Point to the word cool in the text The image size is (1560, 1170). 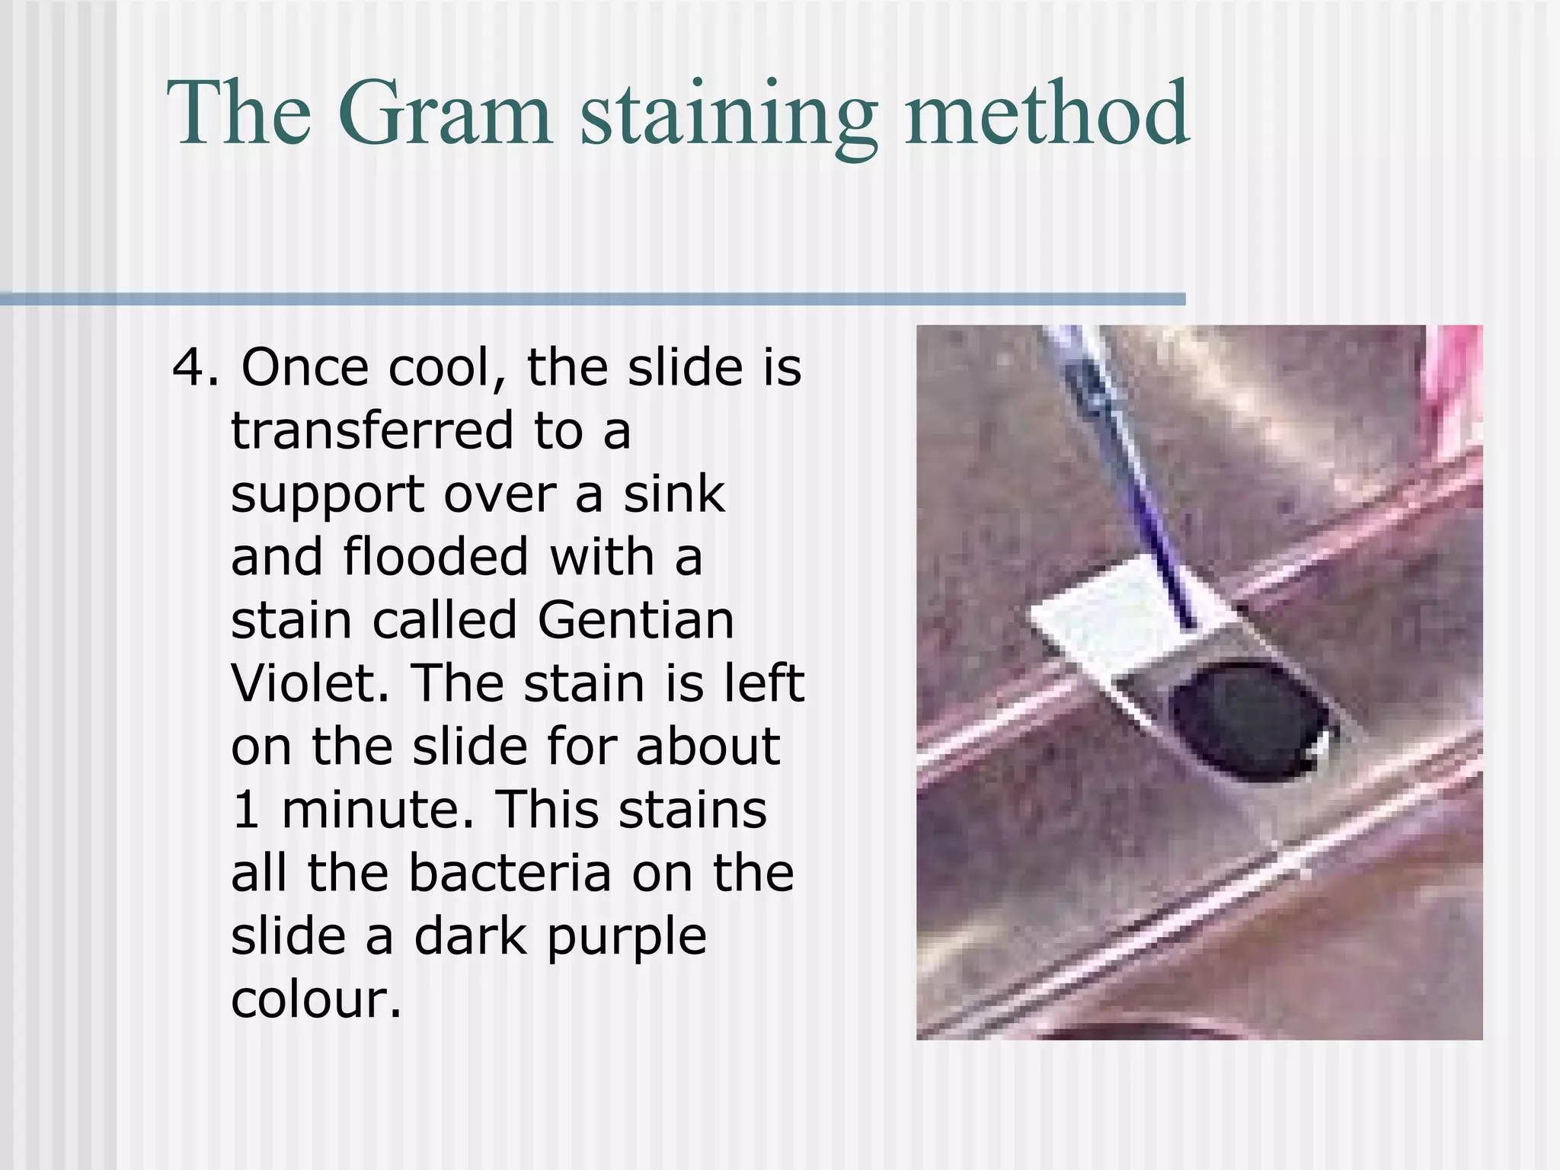[446, 368]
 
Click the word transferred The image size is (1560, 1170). [372, 431]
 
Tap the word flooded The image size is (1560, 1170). [436, 557]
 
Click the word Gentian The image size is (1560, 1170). [635, 620]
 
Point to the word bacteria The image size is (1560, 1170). [510, 872]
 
